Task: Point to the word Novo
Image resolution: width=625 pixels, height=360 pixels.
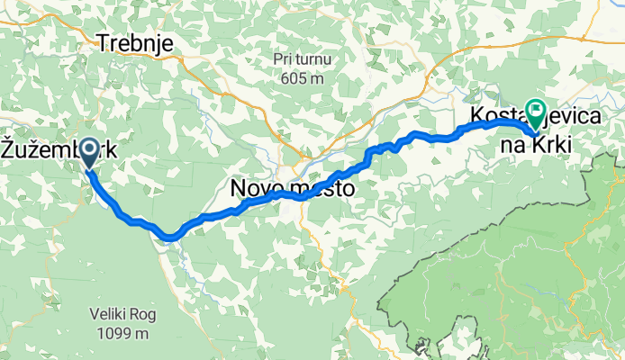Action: pyautogui.click(x=260, y=190)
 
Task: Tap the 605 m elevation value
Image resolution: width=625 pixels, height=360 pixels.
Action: pyautogui.click(x=302, y=78)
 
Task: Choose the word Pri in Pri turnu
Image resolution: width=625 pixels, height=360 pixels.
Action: pyautogui.click(x=283, y=59)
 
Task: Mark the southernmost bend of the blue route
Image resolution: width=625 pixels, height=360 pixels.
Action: pyautogui.click(x=170, y=238)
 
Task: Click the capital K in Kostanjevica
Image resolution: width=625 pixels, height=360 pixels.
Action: pyautogui.click(x=476, y=117)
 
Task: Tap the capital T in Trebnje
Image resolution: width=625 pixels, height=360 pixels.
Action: pyautogui.click(x=104, y=43)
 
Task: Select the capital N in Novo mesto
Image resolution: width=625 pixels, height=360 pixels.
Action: pyautogui.click(x=239, y=190)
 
